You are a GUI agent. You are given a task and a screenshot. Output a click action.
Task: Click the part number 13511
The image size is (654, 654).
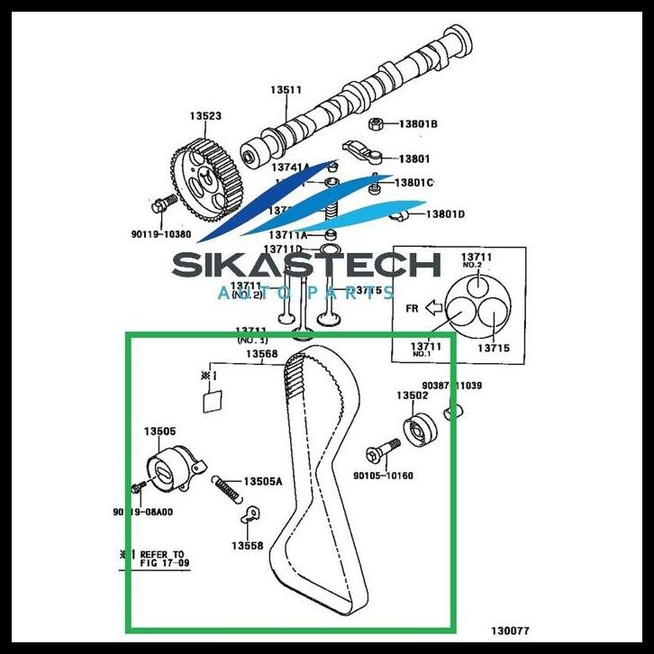pos(286,90)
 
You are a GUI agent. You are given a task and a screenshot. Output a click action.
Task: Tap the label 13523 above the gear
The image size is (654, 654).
pos(204,116)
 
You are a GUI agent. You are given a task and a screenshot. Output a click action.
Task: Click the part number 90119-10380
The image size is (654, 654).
pos(160,234)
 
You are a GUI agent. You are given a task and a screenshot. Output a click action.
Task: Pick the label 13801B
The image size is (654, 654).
pos(418,123)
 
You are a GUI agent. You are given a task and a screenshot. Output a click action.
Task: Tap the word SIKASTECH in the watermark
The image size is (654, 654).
pos(305,266)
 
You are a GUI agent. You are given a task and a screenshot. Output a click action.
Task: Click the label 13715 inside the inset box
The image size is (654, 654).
pos(493,347)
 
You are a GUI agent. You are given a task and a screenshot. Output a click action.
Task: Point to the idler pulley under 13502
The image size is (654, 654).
pos(418,431)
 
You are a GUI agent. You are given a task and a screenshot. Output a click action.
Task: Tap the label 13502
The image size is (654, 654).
pos(413,395)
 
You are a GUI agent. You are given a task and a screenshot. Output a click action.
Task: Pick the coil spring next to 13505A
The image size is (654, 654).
pos(228,490)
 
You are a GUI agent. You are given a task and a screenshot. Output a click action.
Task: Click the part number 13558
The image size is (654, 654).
pos(247,545)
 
